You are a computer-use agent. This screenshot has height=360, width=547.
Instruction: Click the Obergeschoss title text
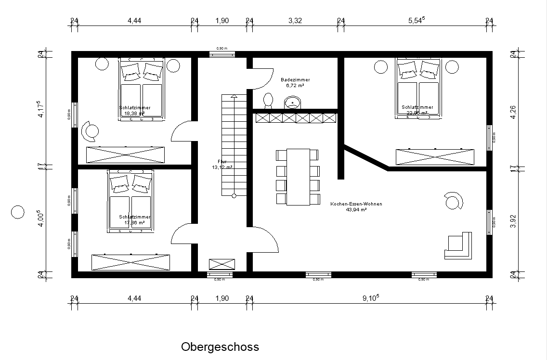220,347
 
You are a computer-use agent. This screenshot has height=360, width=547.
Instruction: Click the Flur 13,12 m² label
222,165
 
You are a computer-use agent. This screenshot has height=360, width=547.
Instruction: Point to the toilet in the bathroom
268,100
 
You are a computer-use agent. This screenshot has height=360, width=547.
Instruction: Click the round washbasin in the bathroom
292,103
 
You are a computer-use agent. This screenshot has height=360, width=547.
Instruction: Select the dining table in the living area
298,177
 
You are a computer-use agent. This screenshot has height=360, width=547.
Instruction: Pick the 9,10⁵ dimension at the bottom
370,298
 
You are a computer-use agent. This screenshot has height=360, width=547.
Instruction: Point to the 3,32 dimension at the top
295,20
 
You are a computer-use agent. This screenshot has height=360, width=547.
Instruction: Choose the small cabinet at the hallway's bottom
222,264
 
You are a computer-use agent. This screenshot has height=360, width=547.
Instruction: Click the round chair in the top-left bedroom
90,130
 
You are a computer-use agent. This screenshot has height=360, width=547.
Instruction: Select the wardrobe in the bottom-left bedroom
131,262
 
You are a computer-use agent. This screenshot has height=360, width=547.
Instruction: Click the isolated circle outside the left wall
17,212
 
